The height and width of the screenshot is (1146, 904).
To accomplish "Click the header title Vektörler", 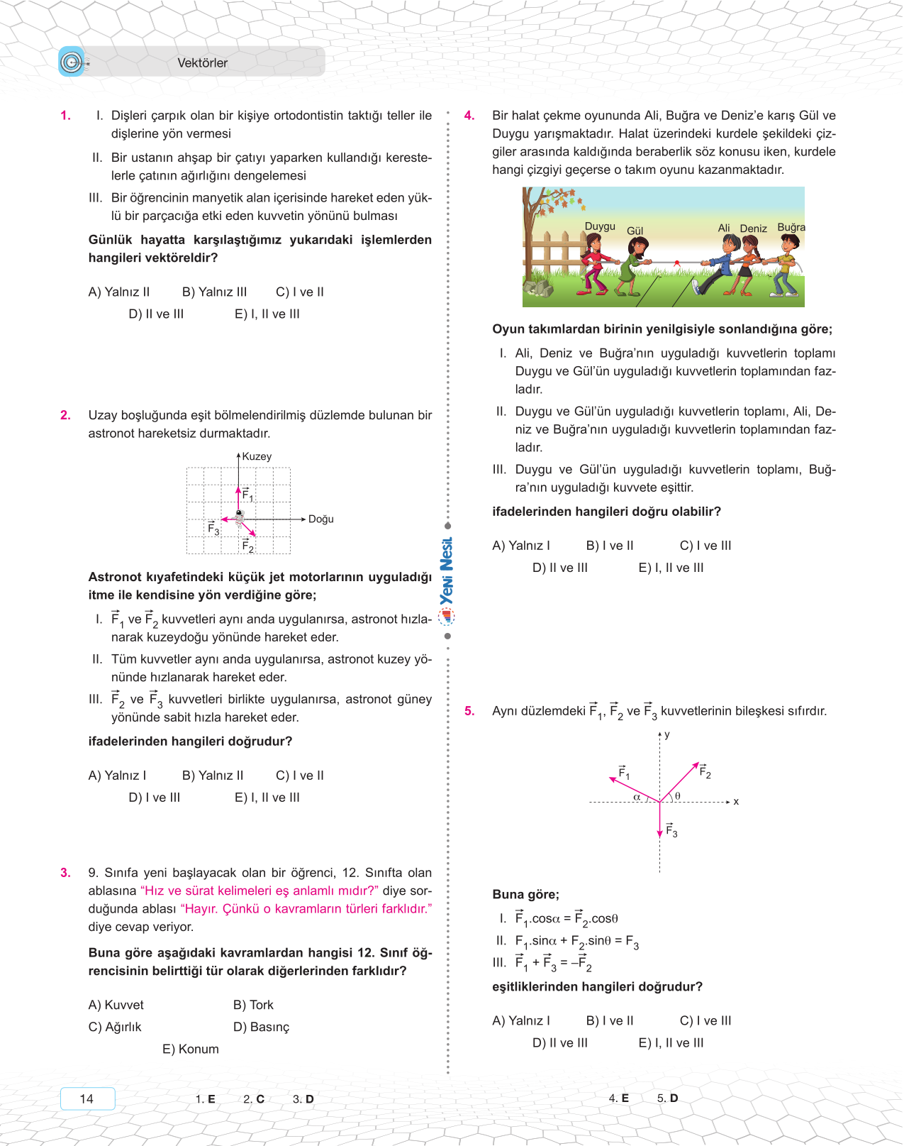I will (202, 63).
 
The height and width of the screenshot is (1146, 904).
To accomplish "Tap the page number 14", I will (87, 1098).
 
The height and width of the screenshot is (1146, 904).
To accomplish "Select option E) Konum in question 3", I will (190, 1049).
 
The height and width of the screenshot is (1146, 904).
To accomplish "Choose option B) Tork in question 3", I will (253, 1005).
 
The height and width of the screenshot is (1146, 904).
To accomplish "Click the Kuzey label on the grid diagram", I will (257, 456).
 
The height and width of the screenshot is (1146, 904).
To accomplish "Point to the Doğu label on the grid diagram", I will (320, 519).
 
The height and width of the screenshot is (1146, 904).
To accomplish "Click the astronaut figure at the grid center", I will (240, 517).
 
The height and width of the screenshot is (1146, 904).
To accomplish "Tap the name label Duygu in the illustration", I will (600, 226).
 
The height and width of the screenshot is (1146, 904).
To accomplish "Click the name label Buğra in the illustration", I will (791, 227).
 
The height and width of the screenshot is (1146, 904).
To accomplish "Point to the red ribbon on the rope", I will (676, 263).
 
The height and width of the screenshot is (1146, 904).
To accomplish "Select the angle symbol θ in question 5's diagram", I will (678, 796).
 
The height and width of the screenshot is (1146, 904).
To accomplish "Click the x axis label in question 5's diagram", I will (736, 801).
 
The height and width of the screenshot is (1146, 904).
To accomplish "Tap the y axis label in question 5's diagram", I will (666, 734).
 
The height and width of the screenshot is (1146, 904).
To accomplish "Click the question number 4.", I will (469, 116).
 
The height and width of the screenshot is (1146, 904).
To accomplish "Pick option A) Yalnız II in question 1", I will (119, 292).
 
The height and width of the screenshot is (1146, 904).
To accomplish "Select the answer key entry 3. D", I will (303, 1099).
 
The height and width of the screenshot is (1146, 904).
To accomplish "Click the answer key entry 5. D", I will (667, 1098).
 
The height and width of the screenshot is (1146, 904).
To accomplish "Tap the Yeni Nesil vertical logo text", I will (447, 571).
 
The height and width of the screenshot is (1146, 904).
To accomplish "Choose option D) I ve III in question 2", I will (155, 798).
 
